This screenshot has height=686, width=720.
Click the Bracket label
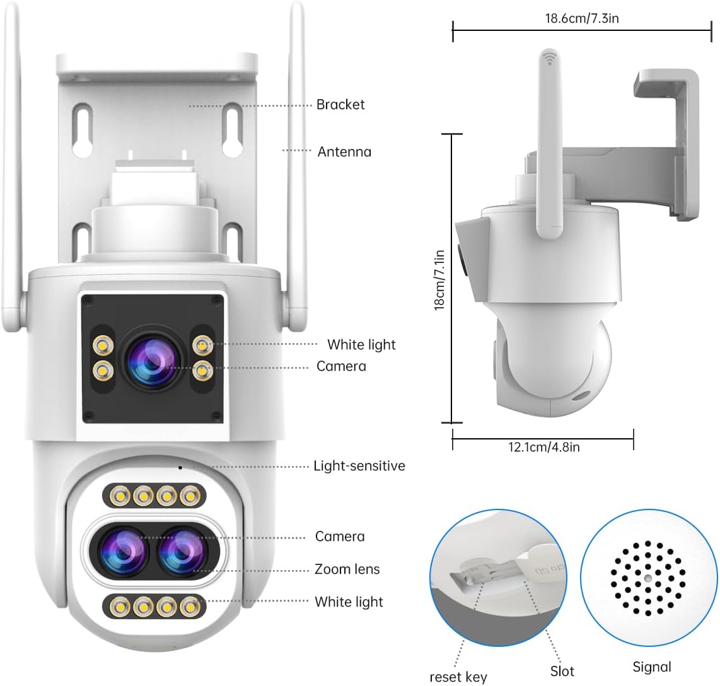(x=340, y=105)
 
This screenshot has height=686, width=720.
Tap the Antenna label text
(x=344, y=152)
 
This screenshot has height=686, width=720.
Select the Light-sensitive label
(x=359, y=466)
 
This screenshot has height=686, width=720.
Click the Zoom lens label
(x=347, y=569)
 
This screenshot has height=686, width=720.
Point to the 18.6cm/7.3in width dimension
(x=582, y=18)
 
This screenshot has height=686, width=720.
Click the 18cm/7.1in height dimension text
(x=440, y=280)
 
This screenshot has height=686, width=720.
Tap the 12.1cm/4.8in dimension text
(x=543, y=447)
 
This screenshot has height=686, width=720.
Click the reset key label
(x=458, y=677)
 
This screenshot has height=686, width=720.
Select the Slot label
(x=562, y=671)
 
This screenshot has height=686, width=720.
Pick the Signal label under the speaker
(x=651, y=666)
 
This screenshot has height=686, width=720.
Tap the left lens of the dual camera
(x=122, y=550)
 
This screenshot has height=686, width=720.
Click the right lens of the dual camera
(x=182, y=550)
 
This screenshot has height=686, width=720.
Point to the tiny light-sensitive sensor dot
(x=180, y=467)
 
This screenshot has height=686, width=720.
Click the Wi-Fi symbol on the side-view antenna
(x=549, y=58)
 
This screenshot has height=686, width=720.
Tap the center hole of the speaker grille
(x=647, y=578)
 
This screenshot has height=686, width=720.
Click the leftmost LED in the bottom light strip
(x=120, y=607)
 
